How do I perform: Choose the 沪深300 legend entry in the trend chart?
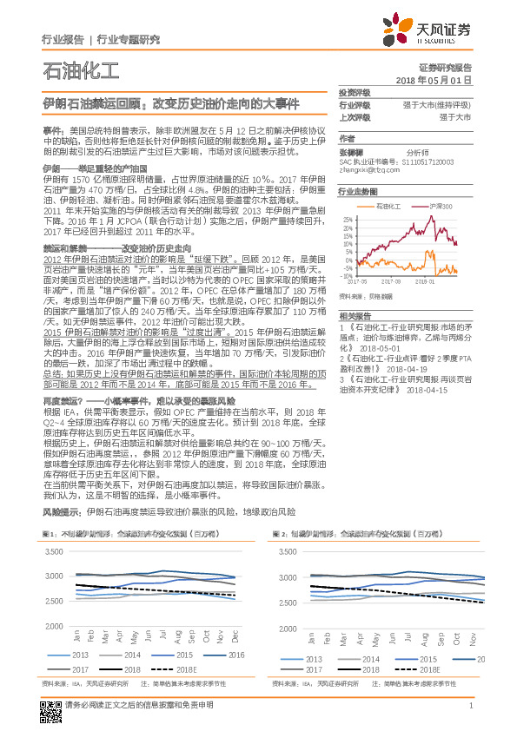coord(441,207)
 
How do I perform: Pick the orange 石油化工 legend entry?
coord(388,207)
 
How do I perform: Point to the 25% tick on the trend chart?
coord(348,220)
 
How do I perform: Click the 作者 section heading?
coord(347,137)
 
